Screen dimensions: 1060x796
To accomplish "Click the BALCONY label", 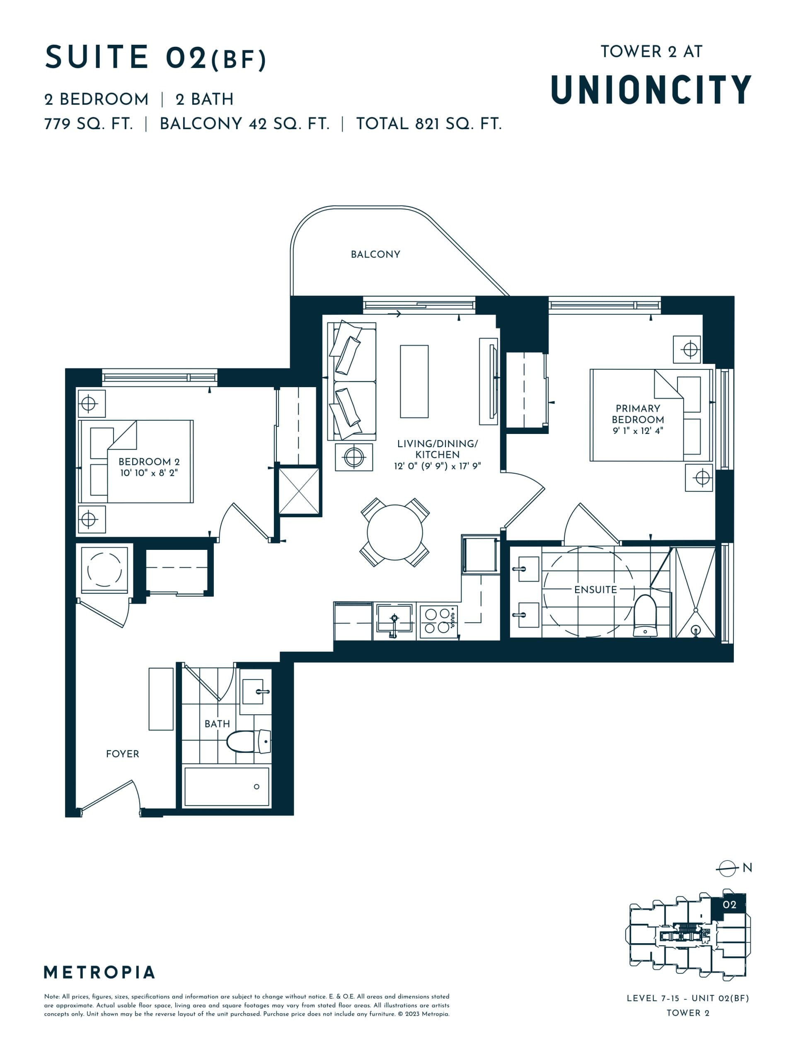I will click(x=375, y=255).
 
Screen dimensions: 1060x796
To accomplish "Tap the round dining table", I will click(x=394, y=532).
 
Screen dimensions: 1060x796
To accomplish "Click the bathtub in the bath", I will click(x=226, y=786).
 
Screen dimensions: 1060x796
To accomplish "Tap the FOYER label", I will click(x=122, y=754).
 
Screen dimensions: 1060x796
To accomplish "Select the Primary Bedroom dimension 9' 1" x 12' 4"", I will click(x=637, y=431).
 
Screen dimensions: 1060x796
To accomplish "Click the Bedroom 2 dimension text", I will click(x=149, y=473).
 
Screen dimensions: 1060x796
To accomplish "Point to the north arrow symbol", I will click(x=727, y=868).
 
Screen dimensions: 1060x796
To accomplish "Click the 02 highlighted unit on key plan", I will click(x=729, y=904).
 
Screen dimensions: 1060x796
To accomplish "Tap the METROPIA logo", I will click(x=99, y=972).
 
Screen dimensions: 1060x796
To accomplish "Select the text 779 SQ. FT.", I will click(x=88, y=124).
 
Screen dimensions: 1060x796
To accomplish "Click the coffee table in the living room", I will click(x=414, y=381).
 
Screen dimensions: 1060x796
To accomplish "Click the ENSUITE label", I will click(x=595, y=590).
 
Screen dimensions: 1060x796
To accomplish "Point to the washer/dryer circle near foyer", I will click(x=104, y=569).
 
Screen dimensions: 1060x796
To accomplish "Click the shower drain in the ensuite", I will click(x=695, y=630).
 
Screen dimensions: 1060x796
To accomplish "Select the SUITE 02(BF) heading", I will click(x=155, y=58).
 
